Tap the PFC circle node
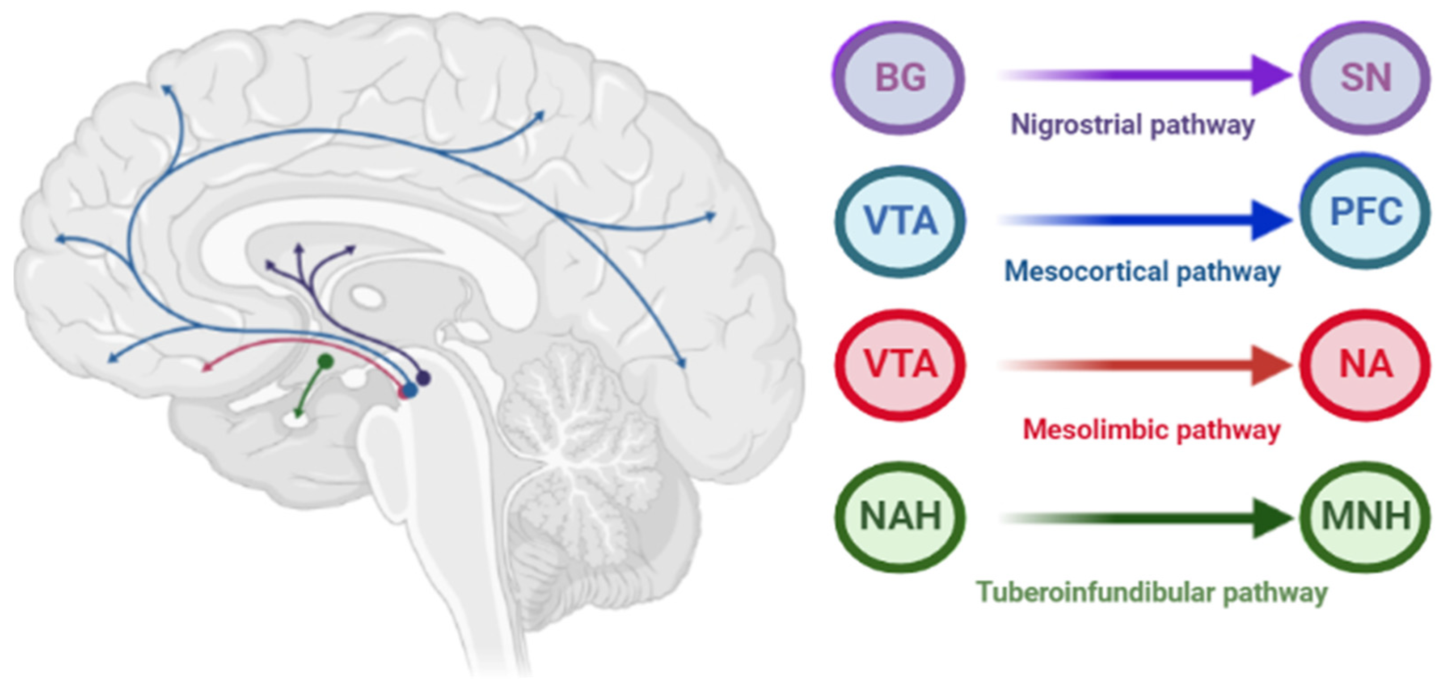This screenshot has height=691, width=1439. pos(1365,212)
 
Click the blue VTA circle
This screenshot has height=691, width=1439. pos(899,221)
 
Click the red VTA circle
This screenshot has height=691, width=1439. pos(899,364)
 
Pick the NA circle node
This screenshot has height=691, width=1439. pos(1365,364)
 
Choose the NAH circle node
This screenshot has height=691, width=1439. pos(899,516)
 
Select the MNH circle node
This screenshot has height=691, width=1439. pos(1365,516)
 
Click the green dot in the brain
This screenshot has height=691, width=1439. pos(326,362)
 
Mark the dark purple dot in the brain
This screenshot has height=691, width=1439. pos(423,378)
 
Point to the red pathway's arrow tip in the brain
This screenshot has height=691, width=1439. pos(205,368)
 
